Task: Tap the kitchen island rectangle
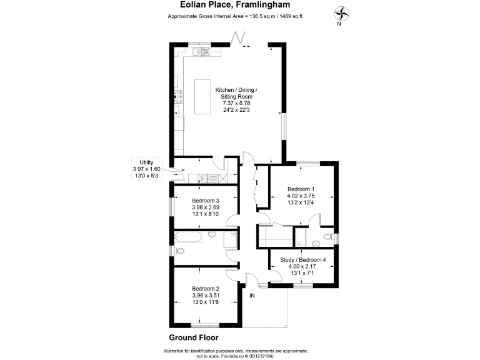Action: click(202, 97)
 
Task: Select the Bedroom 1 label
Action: click(301, 189)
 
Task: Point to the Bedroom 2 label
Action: click(205, 289)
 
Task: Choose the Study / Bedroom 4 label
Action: click(302, 259)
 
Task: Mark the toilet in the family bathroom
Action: click(180, 251)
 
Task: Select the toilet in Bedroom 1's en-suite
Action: click(327, 239)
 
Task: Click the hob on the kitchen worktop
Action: click(179, 97)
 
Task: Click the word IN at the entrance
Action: click(253, 295)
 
